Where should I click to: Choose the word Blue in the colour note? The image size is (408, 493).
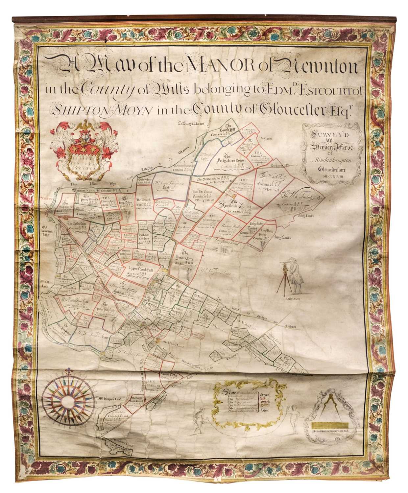pos(264,411)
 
